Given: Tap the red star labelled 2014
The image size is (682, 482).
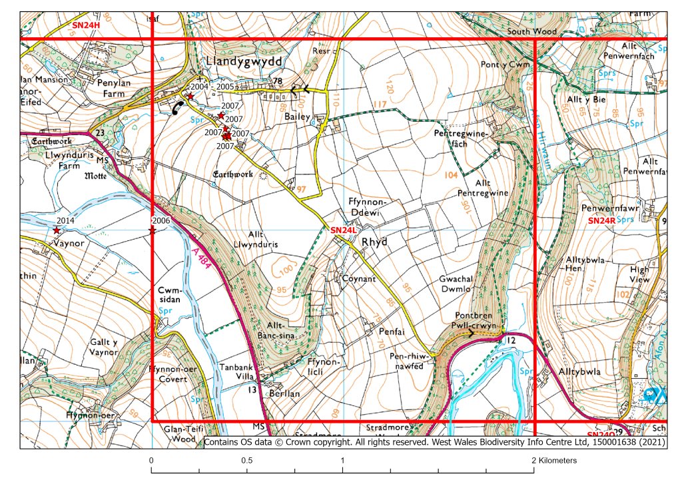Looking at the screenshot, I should point(57,230).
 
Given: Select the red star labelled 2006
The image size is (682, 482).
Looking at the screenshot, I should point(152,230).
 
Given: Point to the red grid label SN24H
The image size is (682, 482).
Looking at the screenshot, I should point(86,25).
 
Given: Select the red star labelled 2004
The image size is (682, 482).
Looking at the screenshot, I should point(190,97).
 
